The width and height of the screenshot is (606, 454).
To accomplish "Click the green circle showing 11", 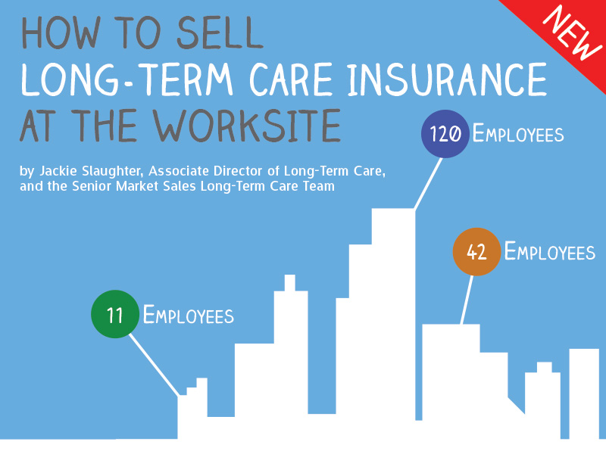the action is [x=115, y=314].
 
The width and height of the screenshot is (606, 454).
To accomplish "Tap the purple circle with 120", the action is [x=445, y=134].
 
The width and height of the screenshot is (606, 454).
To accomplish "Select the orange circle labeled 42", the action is [x=476, y=252].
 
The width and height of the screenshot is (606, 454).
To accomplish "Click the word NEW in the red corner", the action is [x=572, y=33].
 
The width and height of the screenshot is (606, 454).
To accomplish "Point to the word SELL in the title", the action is [x=220, y=33].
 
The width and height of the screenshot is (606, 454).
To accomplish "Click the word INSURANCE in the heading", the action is [x=447, y=79].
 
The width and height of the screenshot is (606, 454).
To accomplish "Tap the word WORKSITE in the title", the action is [x=247, y=126].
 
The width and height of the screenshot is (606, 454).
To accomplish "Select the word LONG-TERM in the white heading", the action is [x=127, y=79].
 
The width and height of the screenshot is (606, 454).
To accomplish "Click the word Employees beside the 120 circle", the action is [x=518, y=134].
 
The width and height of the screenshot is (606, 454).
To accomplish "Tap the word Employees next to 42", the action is [x=550, y=251].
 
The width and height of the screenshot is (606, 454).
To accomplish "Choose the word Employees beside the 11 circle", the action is [x=189, y=315].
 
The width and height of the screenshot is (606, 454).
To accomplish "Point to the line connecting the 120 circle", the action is [x=428, y=183].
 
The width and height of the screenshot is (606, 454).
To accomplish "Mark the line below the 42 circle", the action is [x=467, y=300].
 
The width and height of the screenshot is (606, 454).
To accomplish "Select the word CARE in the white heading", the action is [x=291, y=79].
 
